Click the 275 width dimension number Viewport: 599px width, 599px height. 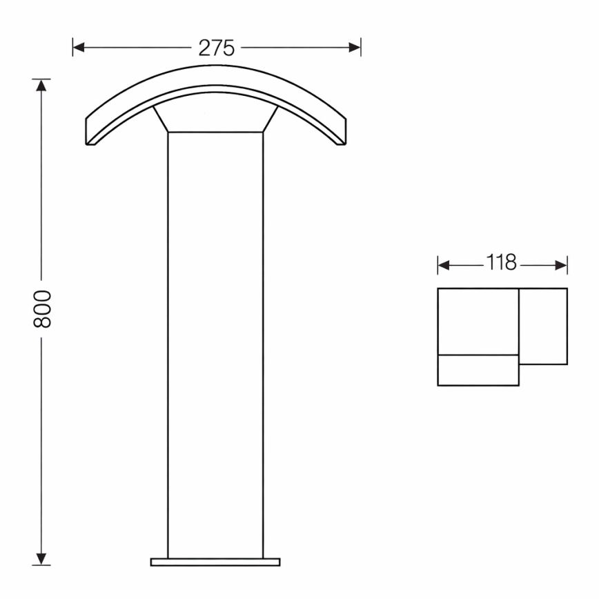pos(217,48)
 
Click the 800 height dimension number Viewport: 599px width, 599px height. pos(43,308)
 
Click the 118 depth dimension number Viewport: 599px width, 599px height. pos(501,264)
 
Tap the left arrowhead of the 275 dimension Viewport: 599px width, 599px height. pos(78,48)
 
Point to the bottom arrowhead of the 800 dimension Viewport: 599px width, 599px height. pos(42,560)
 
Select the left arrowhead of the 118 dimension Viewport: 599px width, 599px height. pos(443,264)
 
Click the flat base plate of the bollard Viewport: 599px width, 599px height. pos(215,561)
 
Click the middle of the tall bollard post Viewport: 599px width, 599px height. pos(215,345)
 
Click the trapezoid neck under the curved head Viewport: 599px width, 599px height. pos(215,119)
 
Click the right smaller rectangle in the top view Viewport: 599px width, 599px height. pos(543,326)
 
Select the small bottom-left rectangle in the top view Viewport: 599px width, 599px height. pos(478,371)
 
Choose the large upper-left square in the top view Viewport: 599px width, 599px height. pos(478,322)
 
